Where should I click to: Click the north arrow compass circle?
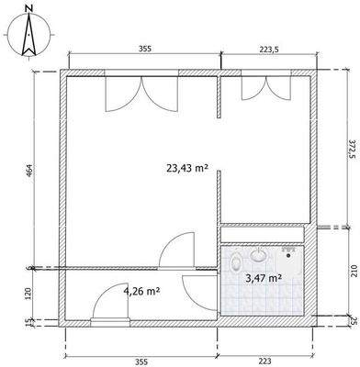[28, 39]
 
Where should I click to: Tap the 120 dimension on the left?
[28, 295]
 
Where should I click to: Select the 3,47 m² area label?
[264, 275]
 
